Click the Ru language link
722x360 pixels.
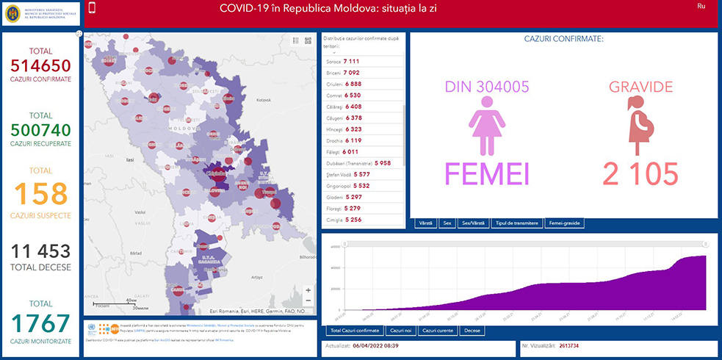(701, 6)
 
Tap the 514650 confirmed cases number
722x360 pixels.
(41, 65)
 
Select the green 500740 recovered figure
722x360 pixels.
(41, 130)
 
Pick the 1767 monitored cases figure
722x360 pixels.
(41, 324)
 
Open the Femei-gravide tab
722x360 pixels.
(563, 223)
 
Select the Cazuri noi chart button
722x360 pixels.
(401, 331)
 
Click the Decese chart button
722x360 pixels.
(473, 331)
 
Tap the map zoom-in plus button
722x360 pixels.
(308, 290)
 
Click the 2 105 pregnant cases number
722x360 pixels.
(640, 175)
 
